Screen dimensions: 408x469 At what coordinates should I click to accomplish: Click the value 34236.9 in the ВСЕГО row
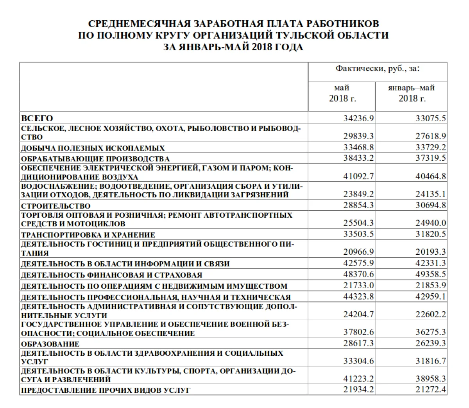coord(358,118)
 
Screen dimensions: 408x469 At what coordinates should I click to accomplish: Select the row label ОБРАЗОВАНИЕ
coord(50,344)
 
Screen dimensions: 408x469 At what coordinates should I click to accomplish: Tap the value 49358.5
coord(430,275)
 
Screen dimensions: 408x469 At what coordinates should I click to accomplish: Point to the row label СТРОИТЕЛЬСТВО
coord(55,206)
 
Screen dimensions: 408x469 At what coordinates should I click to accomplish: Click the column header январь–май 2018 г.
coord(411,93)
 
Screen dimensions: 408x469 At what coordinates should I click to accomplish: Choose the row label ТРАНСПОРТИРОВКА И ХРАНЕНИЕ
coord(88,235)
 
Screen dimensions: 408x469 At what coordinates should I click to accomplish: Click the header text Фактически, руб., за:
coord(377,69)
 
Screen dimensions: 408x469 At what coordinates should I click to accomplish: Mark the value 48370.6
coord(358,275)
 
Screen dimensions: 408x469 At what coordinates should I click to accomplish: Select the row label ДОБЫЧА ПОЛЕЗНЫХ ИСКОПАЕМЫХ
coord(93,148)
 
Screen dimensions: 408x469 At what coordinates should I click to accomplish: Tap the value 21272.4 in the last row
coord(430,389)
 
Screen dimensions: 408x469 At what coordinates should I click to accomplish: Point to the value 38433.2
coord(358,158)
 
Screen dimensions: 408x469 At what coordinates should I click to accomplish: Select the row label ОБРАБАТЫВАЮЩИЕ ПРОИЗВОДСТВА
coord(95,159)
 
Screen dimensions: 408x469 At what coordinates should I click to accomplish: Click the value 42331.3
coord(430,263)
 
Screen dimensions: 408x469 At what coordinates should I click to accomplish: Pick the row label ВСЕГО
coord(37,118)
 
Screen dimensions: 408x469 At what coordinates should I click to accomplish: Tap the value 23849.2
coord(358,194)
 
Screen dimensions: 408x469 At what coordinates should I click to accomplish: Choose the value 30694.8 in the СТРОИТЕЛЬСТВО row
coord(430,206)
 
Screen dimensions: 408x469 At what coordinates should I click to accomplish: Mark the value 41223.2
coord(358,379)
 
